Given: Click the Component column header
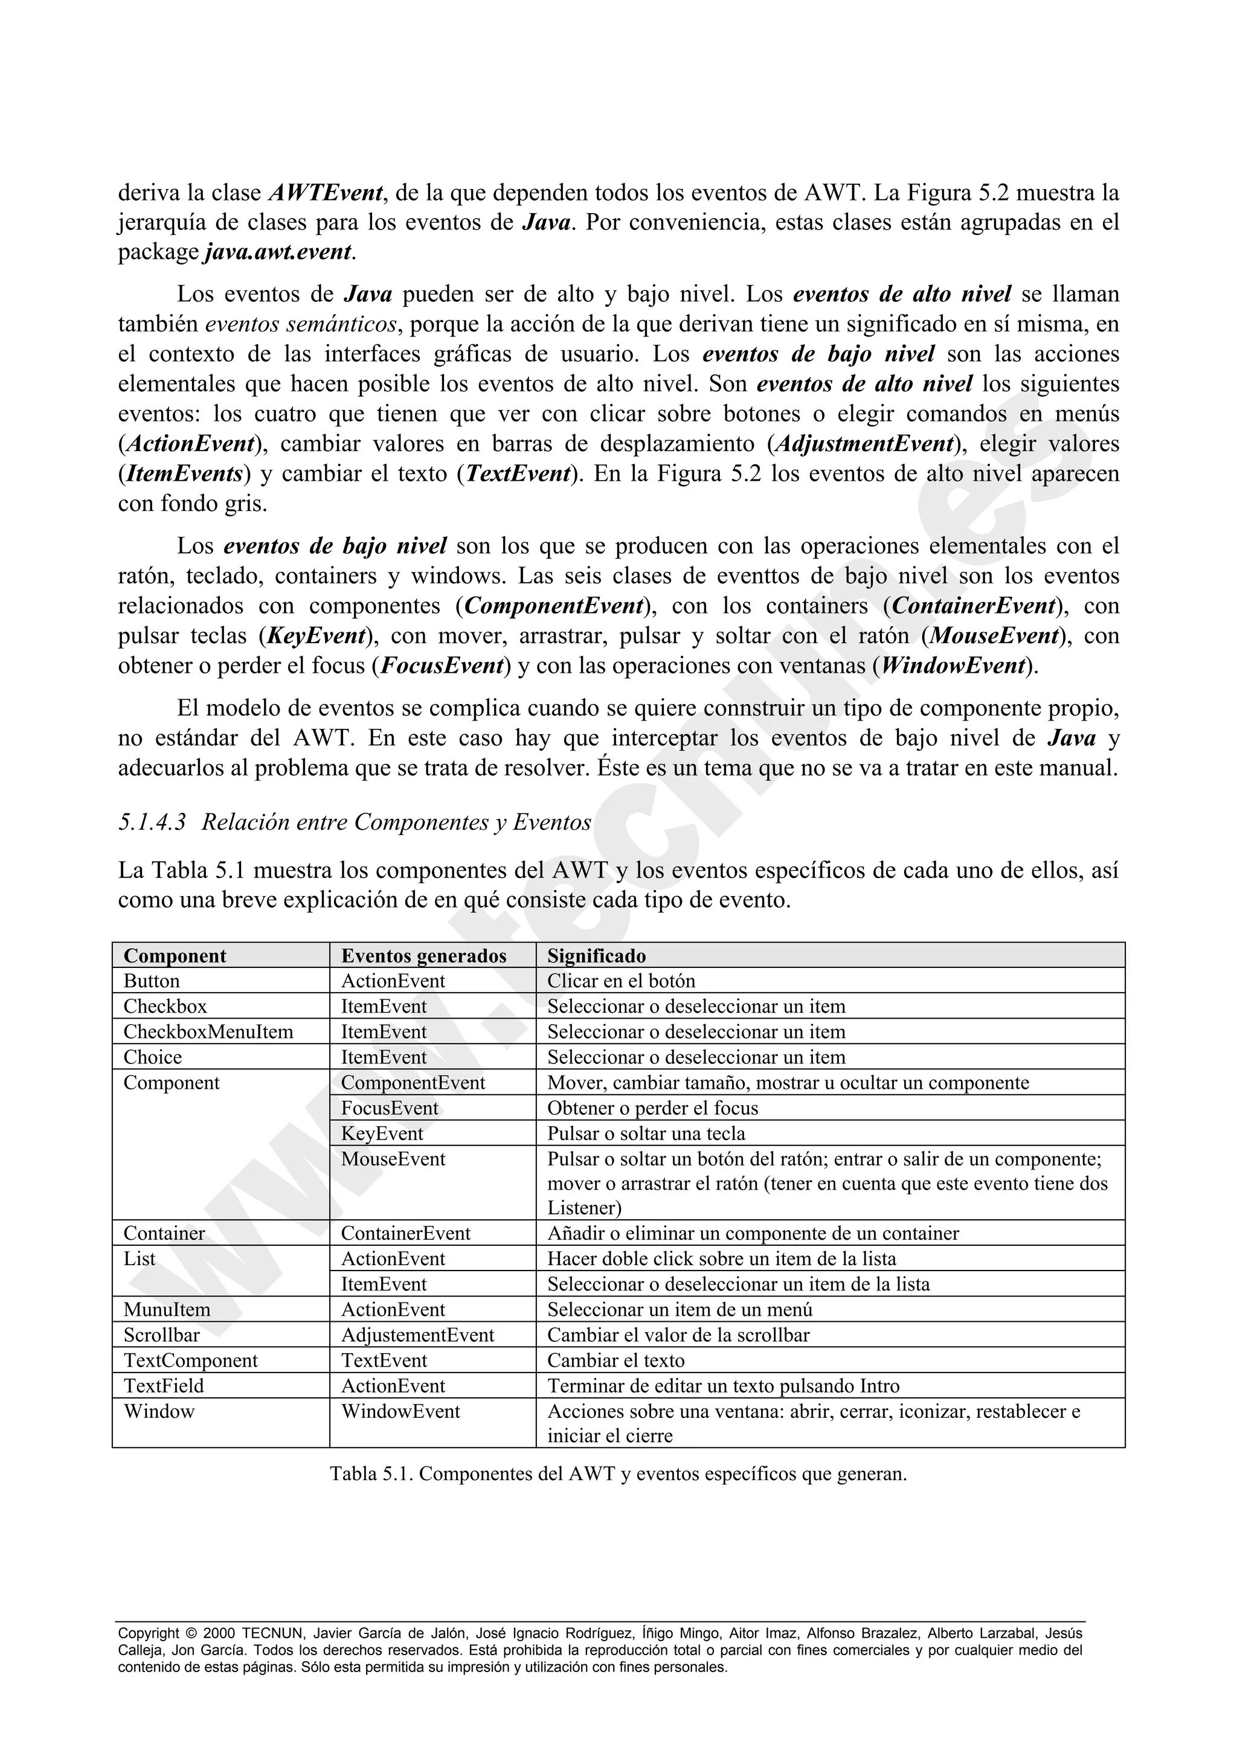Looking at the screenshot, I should pyautogui.click(x=175, y=956).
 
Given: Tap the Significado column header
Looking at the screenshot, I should pyautogui.click(x=596, y=956).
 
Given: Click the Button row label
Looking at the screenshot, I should pyautogui.click(x=152, y=981).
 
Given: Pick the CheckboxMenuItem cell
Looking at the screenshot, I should pyautogui.click(x=208, y=1032).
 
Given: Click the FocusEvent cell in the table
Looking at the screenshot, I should pyautogui.click(x=390, y=1108).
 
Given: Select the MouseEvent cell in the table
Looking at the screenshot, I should pyautogui.click(x=393, y=1159).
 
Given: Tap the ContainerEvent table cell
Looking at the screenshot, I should pyautogui.click(x=405, y=1233).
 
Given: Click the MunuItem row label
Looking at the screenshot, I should pyautogui.click(x=166, y=1309).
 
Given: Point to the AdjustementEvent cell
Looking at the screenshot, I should pyautogui.click(x=417, y=1335).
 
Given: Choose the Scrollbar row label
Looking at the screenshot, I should pyautogui.click(x=162, y=1335).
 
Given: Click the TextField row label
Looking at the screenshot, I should pyautogui.click(x=164, y=1386).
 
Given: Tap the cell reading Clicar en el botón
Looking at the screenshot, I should pyautogui.click(x=621, y=981).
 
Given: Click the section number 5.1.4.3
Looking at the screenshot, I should pyautogui.click(x=152, y=822).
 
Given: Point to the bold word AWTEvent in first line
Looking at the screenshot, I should pyautogui.click(x=326, y=193).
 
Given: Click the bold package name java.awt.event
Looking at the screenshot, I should pyautogui.click(x=279, y=252).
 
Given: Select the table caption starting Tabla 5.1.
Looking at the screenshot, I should pyautogui.click(x=618, y=1474).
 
